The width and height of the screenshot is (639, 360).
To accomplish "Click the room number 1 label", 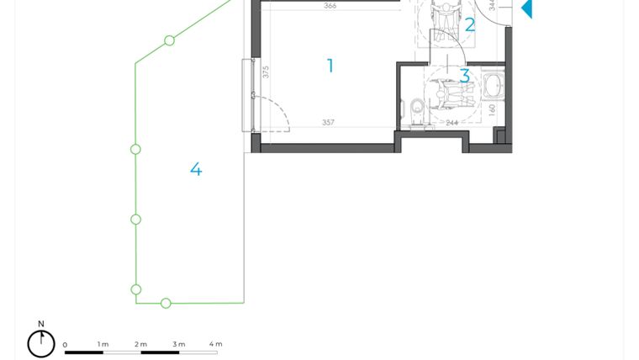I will (x=330, y=66).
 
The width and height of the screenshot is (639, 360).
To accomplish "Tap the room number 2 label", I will (x=470, y=25).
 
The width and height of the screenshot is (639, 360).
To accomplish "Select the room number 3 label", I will (x=465, y=77).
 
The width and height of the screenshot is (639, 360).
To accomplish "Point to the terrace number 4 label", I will (x=196, y=170).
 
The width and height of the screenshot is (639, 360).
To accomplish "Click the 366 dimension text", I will (x=330, y=6).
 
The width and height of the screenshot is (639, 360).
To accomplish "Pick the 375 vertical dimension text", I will (x=266, y=72).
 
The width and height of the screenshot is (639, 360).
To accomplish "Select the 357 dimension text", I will (x=328, y=123).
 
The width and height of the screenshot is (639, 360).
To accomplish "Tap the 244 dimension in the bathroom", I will (x=452, y=124).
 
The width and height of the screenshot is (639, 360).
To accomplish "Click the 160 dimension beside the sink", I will (x=493, y=109).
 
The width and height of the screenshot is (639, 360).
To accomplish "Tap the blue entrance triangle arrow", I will (x=526, y=8).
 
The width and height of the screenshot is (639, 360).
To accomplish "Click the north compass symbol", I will (x=41, y=343).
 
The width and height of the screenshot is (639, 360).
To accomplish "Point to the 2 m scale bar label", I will (x=141, y=344).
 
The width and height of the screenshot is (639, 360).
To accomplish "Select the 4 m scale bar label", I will (x=215, y=344).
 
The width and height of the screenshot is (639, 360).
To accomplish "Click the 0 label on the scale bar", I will (x=65, y=345).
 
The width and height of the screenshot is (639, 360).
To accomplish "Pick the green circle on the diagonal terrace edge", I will (x=170, y=40).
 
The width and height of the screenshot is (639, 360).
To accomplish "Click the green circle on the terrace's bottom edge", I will (x=166, y=303).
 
